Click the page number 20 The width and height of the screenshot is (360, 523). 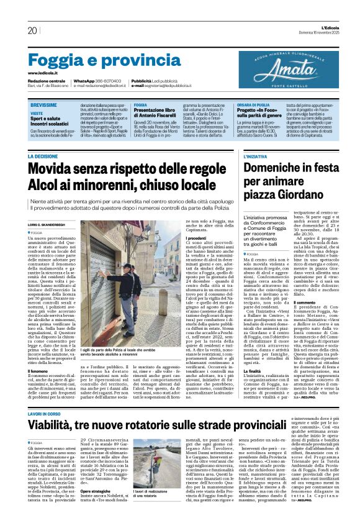click(32, 30)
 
